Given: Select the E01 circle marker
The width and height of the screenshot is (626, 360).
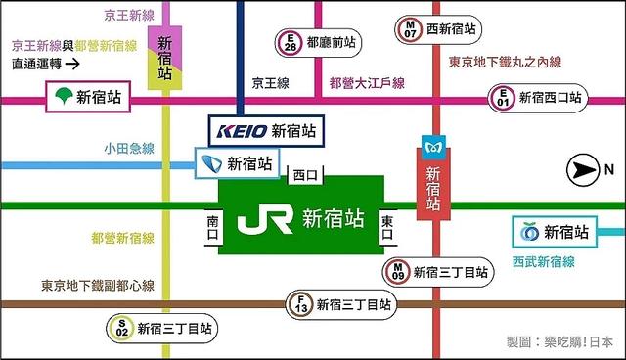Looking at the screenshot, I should [x=503, y=98].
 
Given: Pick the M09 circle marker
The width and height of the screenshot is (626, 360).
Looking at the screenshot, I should [x=397, y=272].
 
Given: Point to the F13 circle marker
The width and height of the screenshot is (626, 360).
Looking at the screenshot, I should [x=299, y=306].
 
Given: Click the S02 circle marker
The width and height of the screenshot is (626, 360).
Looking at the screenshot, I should [x=121, y=328].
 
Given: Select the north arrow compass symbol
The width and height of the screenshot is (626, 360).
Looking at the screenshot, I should [x=585, y=171].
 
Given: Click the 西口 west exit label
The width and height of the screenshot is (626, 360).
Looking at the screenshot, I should [x=305, y=176].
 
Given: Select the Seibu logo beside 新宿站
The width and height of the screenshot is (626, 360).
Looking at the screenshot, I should [x=529, y=232].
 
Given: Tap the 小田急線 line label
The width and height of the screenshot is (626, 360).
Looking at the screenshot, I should [x=129, y=150].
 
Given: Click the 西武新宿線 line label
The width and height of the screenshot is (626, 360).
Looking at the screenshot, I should [x=543, y=261].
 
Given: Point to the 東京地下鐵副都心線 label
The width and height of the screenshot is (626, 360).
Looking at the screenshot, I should [x=98, y=287].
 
